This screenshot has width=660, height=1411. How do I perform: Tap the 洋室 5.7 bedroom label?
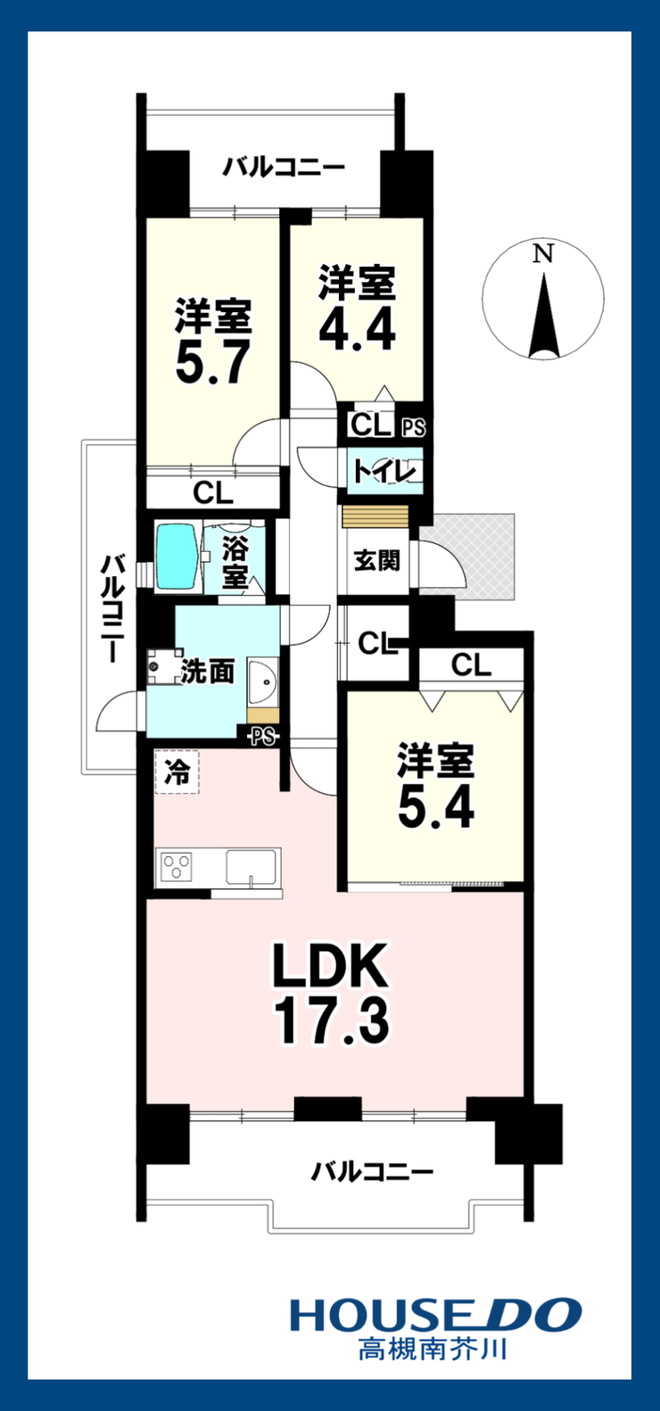click(x=213, y=341)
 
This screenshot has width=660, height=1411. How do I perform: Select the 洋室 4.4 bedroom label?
click(x=357, y=308)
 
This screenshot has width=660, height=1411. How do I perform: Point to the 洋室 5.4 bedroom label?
click(x=435, y=787)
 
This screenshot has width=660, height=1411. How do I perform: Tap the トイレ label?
click(x=384, y=471)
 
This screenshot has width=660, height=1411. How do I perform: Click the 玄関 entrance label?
click(x=376, y=561)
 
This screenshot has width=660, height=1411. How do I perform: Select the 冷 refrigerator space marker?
click(x=177, y=772)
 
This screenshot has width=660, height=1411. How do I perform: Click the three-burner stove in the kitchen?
click(x=177, y=867)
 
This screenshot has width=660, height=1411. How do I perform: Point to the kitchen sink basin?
click(x=252, y=867)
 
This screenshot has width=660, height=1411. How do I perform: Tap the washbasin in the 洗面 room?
click(x=263, y=682)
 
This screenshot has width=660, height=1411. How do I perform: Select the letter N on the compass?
click(x=543, y=254)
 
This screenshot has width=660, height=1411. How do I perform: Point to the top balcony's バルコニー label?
click(x=285, y=169)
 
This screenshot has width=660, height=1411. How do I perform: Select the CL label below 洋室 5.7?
click(x=213, y=493)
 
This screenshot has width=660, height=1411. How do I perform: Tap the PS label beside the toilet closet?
click(x=414, y=428)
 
